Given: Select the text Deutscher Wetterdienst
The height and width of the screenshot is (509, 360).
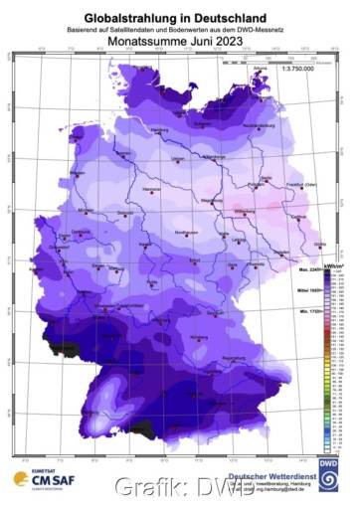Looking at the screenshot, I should [269, 475].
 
